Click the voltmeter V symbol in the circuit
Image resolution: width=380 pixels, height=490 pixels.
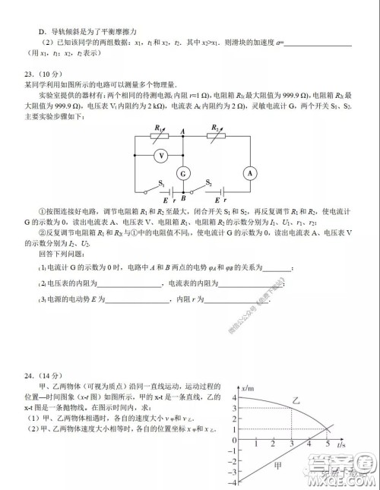pyautogui.click(x=161, y=153)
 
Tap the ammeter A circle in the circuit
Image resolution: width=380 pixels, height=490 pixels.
pyautogui.click(x=249, y=172)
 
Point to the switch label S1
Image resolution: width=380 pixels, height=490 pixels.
pyautogui.click(x=162, y=182)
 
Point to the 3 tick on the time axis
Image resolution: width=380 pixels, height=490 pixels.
pyautogui.click(x=292, y=443)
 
